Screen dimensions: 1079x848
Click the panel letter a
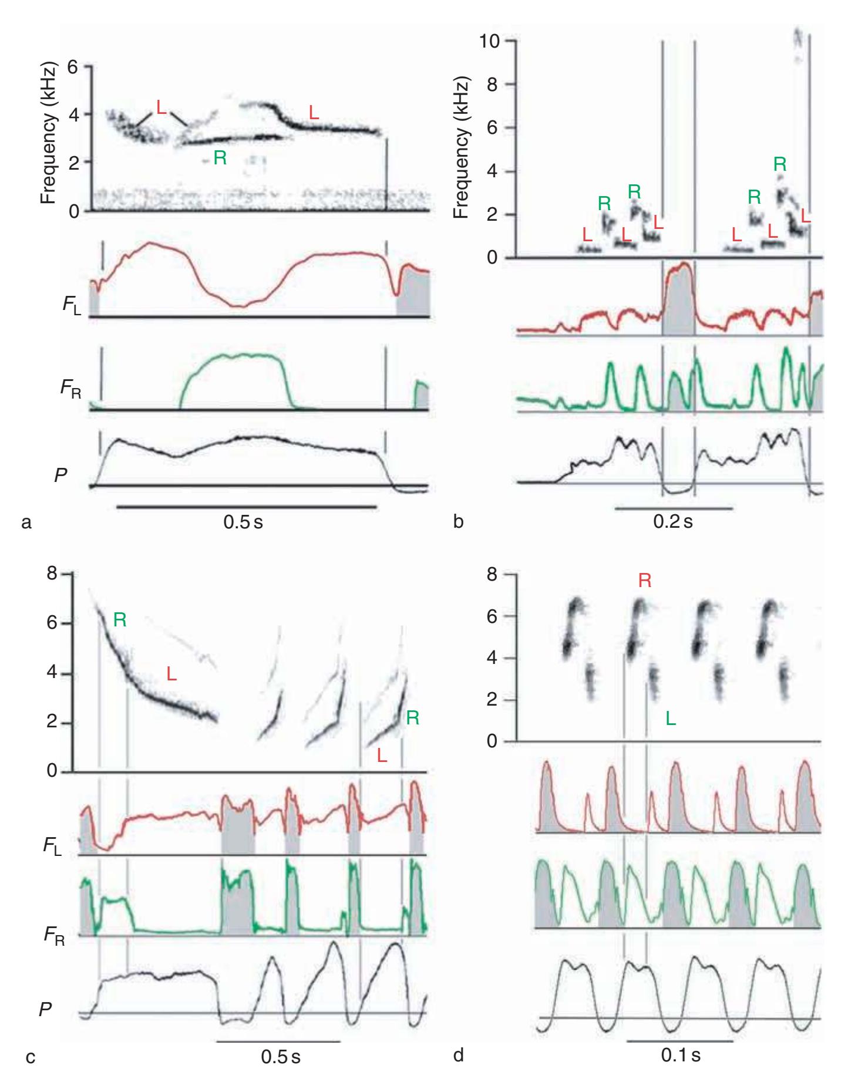pos(25,521)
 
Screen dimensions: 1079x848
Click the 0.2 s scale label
pos(673,521)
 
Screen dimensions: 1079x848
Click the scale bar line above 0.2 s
pos(674,508)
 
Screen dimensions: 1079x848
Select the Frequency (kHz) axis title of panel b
pos(462,147)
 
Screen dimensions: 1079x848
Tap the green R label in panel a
pos(220,158)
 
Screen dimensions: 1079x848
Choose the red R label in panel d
pos(644,581)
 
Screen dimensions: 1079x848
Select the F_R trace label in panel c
pos(54,935)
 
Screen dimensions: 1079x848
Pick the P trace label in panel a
pos(60,476)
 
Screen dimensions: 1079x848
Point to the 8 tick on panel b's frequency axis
pos(493,84)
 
